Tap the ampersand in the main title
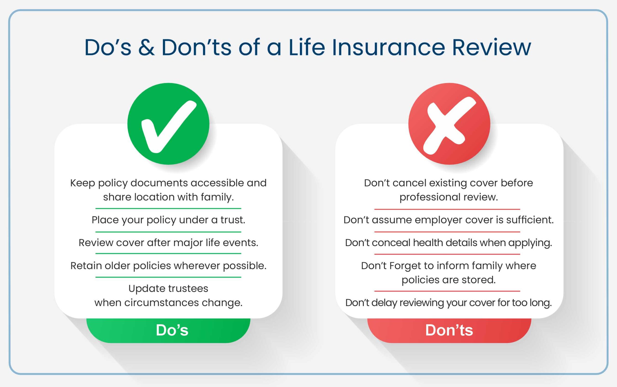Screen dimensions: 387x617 point(146,47)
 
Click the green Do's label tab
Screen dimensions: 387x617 point(172,330)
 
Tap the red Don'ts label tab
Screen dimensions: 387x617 point(449,330)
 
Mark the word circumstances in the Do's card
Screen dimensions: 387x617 point(162,303)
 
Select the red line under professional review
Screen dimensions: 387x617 point(447,209)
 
